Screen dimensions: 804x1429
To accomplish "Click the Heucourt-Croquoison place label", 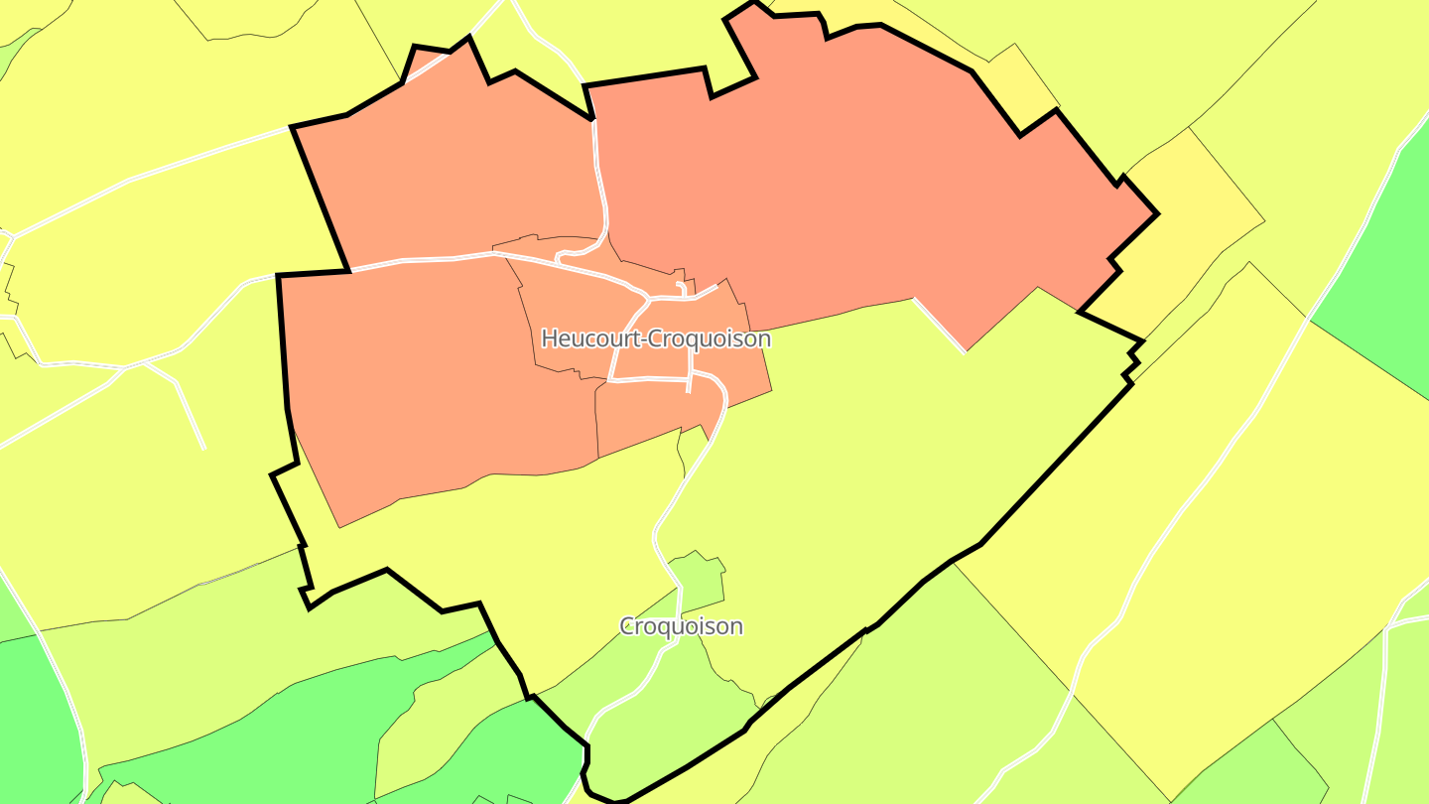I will pyautogui.click(x=656, y=338).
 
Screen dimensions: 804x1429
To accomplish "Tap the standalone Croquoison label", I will pyautogui.click(x=681, y=626).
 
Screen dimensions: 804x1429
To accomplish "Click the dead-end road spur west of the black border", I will pyautogui.click(x=189, y=407).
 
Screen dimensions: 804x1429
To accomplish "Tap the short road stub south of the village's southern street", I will pyautogui.click(x=689, y=386).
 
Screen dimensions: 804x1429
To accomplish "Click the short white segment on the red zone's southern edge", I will pyautogui.click(x=939, y=324).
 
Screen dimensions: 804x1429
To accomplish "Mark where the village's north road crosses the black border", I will pyautogui.click(x=593, y=120).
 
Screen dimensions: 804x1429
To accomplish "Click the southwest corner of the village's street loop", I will pyautogui.click(x=609, y=380).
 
